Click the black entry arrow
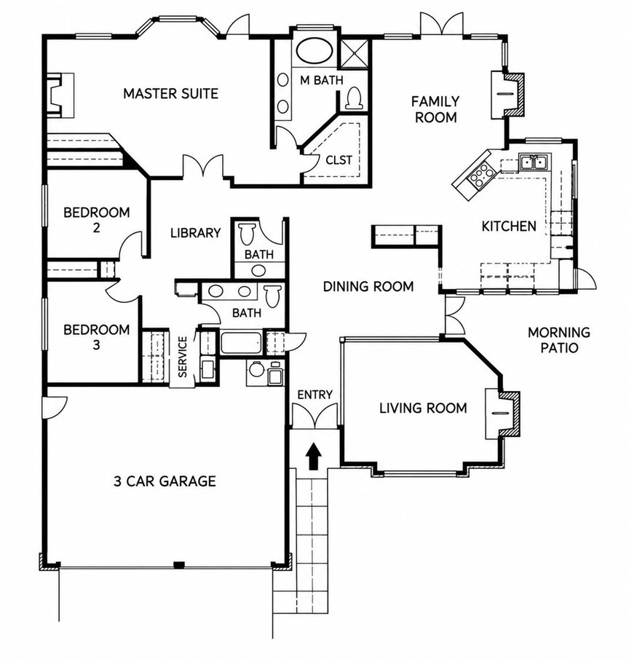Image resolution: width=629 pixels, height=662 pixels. tap(313, 456)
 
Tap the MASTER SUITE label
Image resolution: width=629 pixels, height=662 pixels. tap(170, 93)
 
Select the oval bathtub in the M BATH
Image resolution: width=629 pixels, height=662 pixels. tap(315, 51)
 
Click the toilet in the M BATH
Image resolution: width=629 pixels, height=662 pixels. tap(354, 98)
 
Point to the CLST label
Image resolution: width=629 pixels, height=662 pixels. tap(339, 160)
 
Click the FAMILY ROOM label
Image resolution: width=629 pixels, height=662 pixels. tap(435, 109)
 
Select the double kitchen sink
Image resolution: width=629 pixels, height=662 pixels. tap(533, 162)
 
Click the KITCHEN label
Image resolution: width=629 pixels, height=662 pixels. tap(509, 226)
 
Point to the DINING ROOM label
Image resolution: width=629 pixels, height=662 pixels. tap(368, 287)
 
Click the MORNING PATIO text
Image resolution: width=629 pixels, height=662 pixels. tap(559, 340)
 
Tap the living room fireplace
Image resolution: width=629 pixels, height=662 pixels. tap(503, 414)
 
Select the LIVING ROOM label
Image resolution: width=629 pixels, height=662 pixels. tap(423, 409)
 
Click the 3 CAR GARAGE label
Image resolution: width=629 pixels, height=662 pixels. tap(165, 481)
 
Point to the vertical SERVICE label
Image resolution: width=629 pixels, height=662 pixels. tap(183, 357)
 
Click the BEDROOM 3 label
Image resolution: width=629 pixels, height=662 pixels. tap(96, 337)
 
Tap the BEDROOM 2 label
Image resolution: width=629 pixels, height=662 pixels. tap(97, 219)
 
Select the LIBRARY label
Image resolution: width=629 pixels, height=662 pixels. tap(195, 232)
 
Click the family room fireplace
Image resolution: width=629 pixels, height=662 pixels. tap(507, 95)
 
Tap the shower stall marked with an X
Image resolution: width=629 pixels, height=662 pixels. tap(354, 53)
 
